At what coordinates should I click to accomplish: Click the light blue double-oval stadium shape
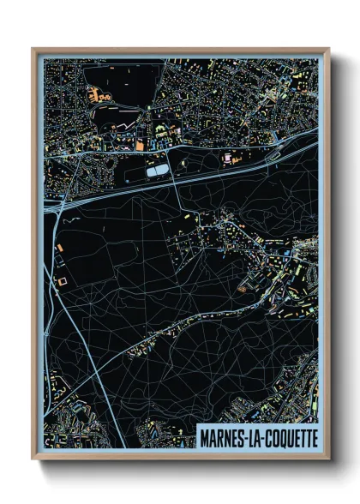[x=157, y=172]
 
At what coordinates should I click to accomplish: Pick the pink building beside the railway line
[x=227, y=159]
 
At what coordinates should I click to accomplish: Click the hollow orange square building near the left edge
[x=61, y=279]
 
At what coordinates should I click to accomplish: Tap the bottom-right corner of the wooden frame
[x=328, y=459]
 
